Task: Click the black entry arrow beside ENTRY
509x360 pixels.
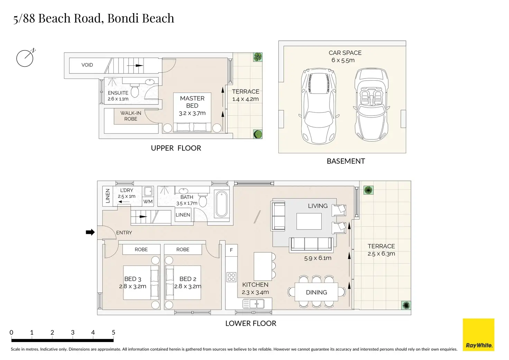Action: (90, 232)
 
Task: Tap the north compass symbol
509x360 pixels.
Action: (25, 58)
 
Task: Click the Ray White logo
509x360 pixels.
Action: (479, 335)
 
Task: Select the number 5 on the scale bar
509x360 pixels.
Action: (113, 332)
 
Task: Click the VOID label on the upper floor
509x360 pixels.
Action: (87, 65)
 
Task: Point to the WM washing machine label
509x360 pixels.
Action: (148, 202)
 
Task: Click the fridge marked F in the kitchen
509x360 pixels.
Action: (231, 250)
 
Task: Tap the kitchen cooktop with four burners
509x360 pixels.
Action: (231, 277)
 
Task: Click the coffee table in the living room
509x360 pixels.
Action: (309, 221)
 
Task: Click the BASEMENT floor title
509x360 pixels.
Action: (346, 161)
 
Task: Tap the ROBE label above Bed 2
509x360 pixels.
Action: (183, 249)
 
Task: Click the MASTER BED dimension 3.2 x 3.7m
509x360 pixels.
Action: (192, 113)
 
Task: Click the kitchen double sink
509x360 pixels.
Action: (253, 304)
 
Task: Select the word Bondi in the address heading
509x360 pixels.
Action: (124, 18)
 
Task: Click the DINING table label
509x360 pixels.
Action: (316, 293)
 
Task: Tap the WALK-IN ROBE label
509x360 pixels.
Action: (131, 116)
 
